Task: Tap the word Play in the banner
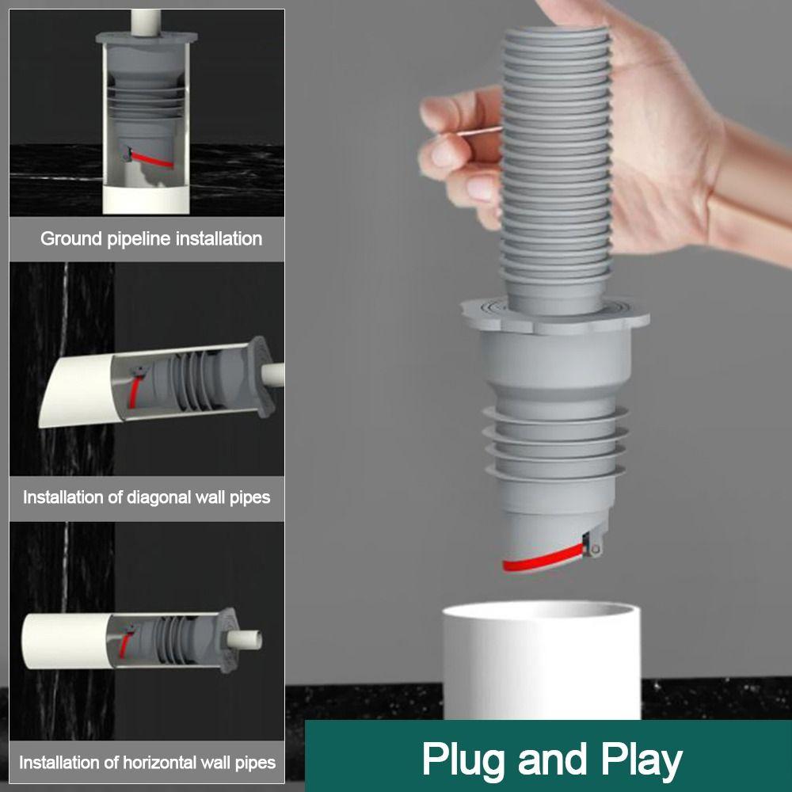tap(640, 759)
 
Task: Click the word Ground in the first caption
tap(71, 238)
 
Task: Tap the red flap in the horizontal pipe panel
tap(126, 642)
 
